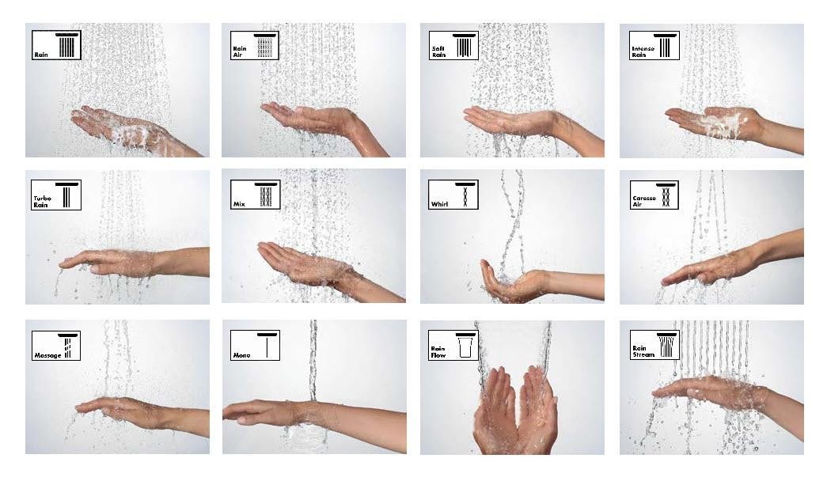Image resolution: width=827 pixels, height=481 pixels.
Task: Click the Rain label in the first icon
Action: [x=41, y=55]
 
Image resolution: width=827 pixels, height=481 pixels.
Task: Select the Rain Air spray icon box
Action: [x=254, y=46]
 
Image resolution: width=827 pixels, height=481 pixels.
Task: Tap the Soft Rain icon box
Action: [x=453, y=46]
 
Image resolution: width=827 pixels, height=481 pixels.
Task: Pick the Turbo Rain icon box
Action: [x=56, y=195]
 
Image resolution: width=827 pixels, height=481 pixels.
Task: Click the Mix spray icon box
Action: [x=254, y=195]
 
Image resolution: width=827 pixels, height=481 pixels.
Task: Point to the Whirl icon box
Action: [x=453, y=195]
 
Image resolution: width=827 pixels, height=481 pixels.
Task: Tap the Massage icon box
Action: [x=56, y=345]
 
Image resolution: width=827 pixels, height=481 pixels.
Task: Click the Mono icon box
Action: [x=254, y=345]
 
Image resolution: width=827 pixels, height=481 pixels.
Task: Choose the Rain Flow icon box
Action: [x=453, y=345]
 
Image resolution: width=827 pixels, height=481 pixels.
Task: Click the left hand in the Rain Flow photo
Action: [x=495, y=411]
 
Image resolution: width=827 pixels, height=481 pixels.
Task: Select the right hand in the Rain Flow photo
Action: [x=537, y=411]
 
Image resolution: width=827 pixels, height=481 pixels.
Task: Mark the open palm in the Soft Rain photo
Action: [x=506, y=120]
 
